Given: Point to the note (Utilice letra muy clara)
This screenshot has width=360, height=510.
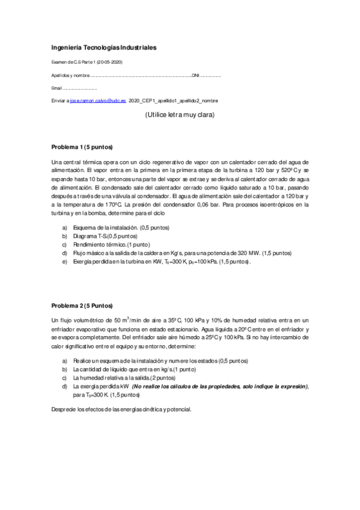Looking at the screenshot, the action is (180, 115).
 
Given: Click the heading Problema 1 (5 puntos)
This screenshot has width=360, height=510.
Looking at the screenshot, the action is (82, 147).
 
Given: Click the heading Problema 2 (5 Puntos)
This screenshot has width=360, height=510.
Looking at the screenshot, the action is (82, 306).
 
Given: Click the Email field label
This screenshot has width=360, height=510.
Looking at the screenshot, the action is (57, 89).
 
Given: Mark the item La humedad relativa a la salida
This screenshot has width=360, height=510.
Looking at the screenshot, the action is (114, 377).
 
